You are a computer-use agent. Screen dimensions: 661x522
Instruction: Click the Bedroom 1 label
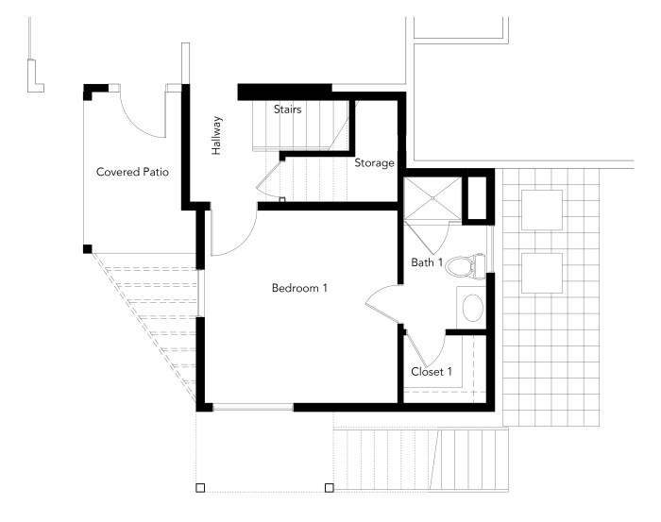(299, 288)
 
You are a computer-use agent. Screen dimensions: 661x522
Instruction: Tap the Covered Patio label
(132, 172)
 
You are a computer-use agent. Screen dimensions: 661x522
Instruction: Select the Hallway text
(216, 136)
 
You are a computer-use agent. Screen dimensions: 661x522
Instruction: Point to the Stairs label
(287, 109)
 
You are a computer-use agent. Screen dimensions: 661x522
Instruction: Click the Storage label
(374, 163)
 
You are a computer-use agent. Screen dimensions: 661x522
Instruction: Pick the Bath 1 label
(427, 262)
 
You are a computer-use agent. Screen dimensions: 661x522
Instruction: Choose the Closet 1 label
(432, 372)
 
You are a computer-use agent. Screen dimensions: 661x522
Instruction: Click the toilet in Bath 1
(465, 266)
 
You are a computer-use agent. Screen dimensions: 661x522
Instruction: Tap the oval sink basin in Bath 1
(472, 308)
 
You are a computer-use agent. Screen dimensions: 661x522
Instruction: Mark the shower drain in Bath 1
(432, 198)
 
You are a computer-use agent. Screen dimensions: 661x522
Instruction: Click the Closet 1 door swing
(434, 354)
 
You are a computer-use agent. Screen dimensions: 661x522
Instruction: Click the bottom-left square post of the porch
(200, 488)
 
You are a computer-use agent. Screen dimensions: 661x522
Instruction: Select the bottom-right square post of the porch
(330, 488)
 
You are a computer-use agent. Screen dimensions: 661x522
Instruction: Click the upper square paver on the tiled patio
(542, 210)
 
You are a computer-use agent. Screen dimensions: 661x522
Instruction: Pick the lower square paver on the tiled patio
(542, 273)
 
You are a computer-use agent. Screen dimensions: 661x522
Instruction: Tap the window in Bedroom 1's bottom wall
(253, 408)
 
